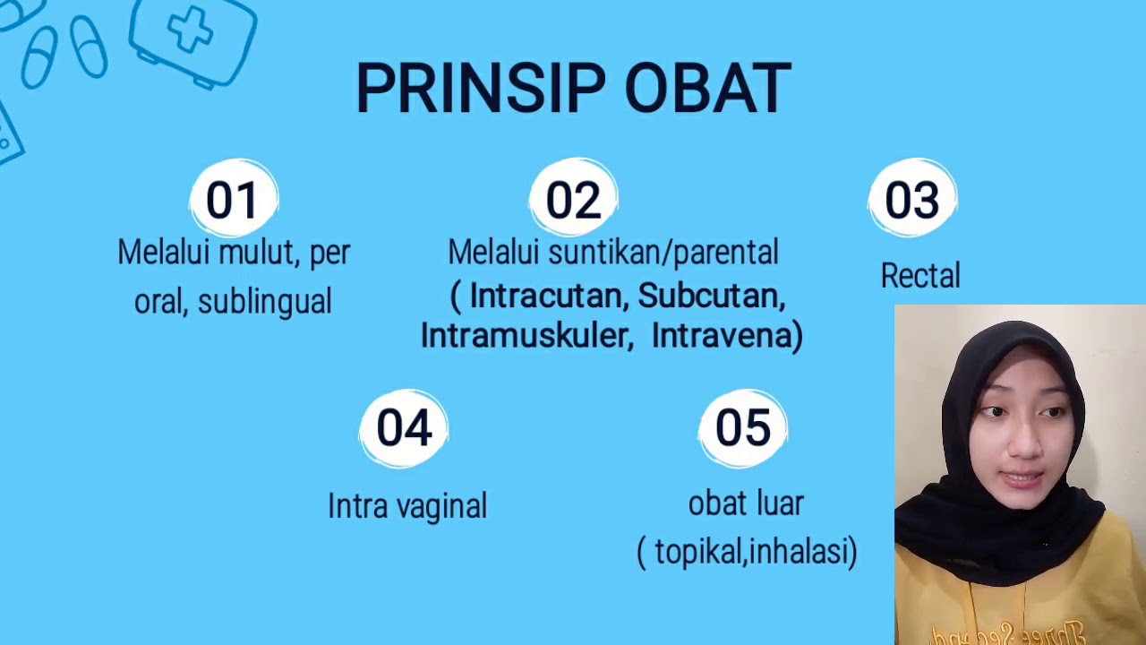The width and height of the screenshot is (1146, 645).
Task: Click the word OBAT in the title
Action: (x=707, y=89)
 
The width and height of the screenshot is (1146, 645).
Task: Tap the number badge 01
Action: (x=234, y=199)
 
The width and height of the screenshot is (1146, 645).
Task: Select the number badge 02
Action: (x=573, y=199)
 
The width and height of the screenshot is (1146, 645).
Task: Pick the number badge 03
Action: (x=912, y=199)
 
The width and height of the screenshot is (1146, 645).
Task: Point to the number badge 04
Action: (x=404, y=427)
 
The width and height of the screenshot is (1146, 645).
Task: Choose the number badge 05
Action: (x=743, y=427)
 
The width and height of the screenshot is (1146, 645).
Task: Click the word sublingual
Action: (x=264, y=302)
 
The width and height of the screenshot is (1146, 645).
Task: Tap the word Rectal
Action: (x=919, y=276)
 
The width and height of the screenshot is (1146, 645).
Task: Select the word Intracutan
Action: (x=546, y=296)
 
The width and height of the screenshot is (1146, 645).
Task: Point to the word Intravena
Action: (x=721, y=335)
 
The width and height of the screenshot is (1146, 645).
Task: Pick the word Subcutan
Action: (x=711, y=296)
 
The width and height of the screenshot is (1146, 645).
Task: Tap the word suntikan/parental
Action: (x=663, y=253)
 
